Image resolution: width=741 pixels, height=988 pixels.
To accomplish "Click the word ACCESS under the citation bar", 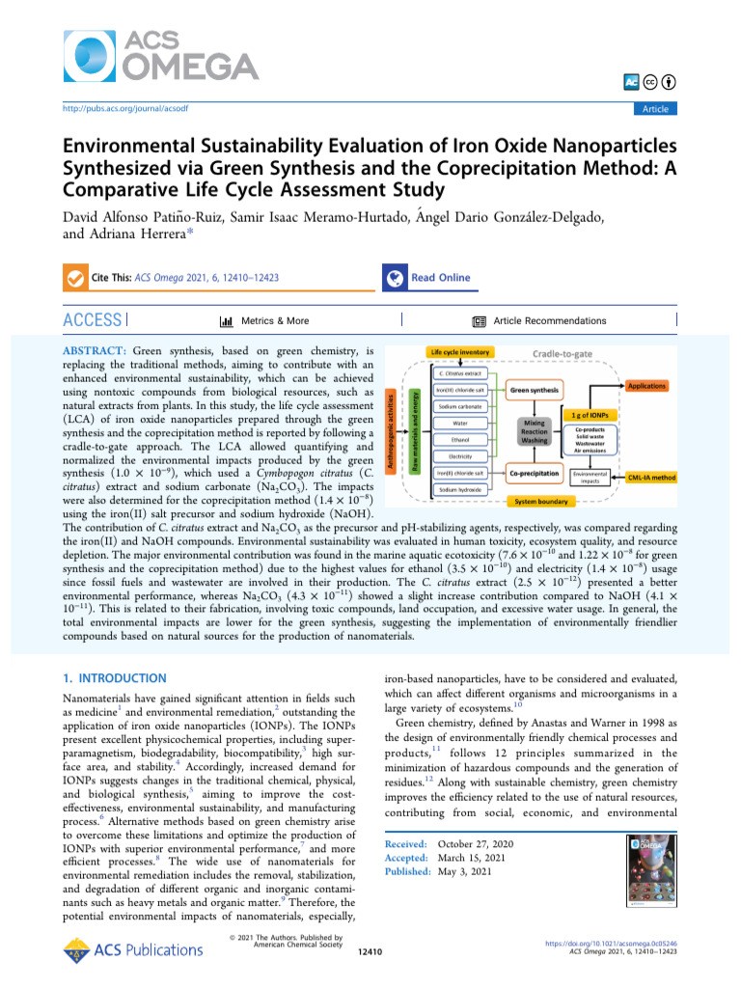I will pyautogui.click(x=92, y=320).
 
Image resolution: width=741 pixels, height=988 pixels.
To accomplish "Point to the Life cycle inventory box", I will pyautogui.click(x=460, y=352).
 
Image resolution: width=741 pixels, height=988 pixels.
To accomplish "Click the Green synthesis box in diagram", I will pyautogui.click(x=534, y=389).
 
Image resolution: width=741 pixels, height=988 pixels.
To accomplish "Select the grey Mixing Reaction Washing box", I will pyautogui.click(x=535, y=431).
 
